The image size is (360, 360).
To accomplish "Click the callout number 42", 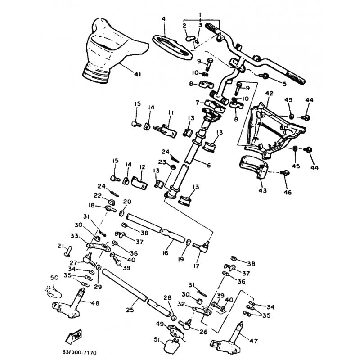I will pyautogui.click(x=269, y=94).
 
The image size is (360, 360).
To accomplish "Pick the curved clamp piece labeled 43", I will pyautogui.click(x=253, y=167).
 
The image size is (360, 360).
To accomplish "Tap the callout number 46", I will pyautogui.click(x=287, y=192).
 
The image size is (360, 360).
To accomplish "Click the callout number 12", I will pyautogui.click(x=142, y=167).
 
